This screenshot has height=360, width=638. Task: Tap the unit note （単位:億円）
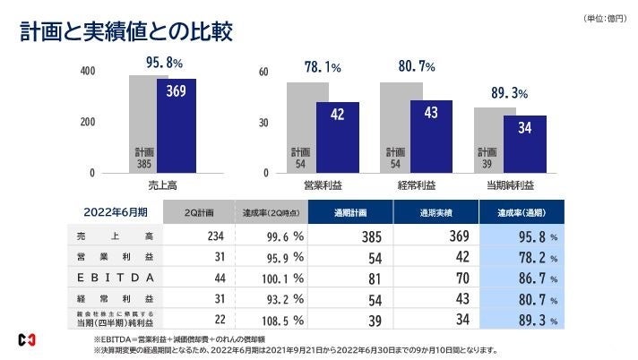603,19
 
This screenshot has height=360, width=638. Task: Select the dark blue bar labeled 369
177,125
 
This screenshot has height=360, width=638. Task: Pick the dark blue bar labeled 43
431,136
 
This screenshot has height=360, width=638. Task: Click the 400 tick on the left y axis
87,71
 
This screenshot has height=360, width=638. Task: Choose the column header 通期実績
435,212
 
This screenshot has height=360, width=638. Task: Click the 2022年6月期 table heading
116,212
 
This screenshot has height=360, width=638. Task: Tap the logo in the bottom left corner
27,339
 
